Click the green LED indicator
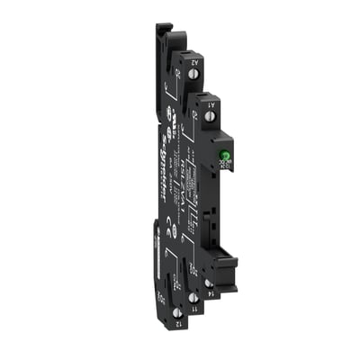pyautogui.click(x=220, y=152)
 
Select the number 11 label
pyautogui.click(x=194, y=308)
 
